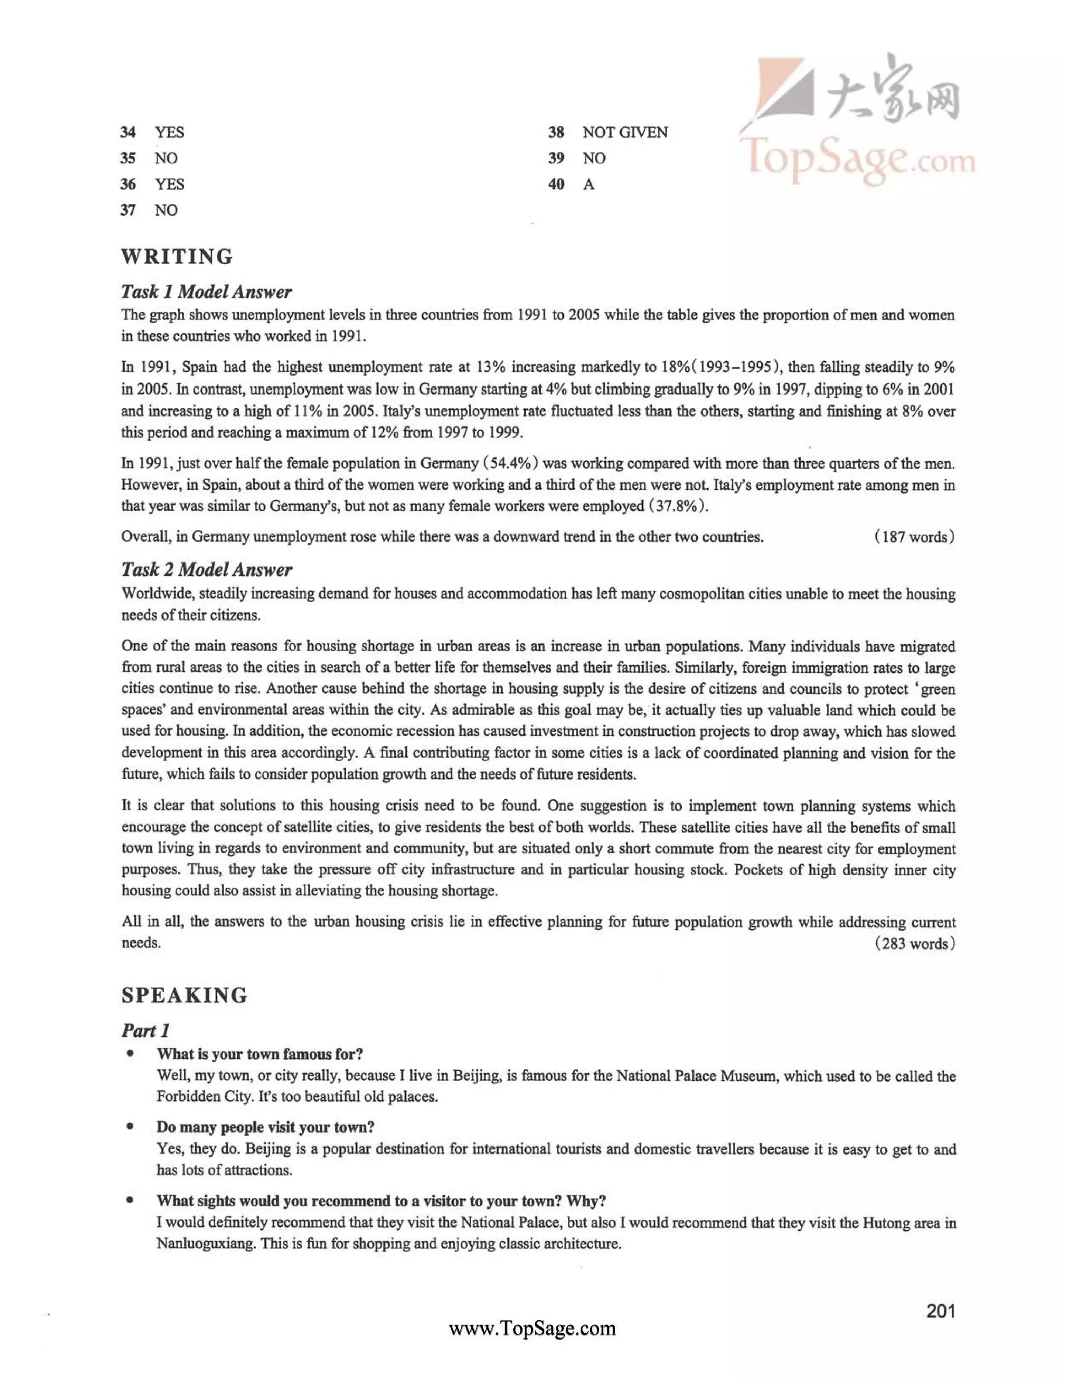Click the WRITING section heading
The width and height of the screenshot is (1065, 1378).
click(x=177, y=257)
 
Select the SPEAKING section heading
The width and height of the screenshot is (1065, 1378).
click(x=185, y=995)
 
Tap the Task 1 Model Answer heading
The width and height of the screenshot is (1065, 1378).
click(x=206, y=292)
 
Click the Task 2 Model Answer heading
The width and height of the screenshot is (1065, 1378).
click(x=206, y=570)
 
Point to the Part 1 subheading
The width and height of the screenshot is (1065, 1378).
click(x=146, y=1030)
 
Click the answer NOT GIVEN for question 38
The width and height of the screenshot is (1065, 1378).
click(x=625, y=133)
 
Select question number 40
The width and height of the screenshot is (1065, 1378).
click(x=556, y=184)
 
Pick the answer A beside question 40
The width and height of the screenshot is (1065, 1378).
click(x=589, y=184)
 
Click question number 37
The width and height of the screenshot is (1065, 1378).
click(x=128, y=210)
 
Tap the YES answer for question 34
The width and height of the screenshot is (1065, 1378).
click(x=170, y=133)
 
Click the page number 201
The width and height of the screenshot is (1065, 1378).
click(x=941, y=1311)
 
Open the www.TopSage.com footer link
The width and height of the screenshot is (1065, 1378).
click(x=532, y=1328)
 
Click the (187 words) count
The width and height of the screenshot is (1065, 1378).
click(x=914, y=537)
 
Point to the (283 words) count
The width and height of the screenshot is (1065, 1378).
click(x=914, y=943)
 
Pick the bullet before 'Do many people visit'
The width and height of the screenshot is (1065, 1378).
click(x=131, y=1127)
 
